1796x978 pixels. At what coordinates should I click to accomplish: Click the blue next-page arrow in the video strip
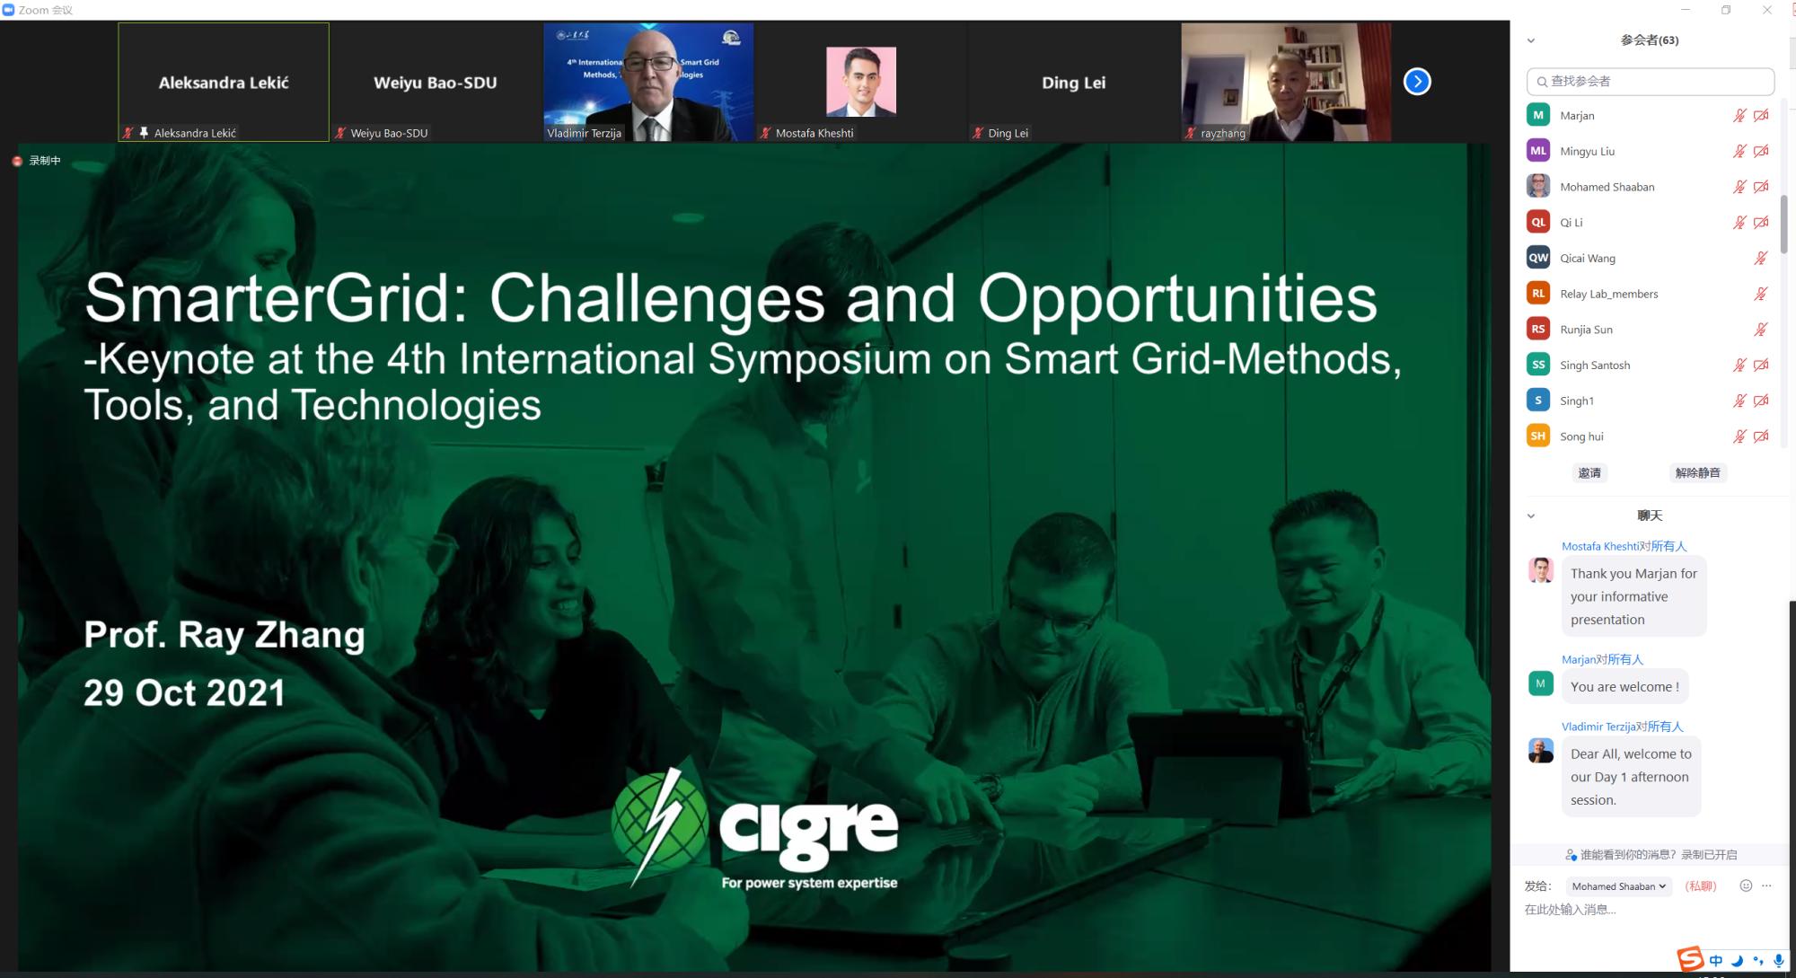[1417, 82]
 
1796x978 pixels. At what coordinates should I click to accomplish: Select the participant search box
[1651, 81]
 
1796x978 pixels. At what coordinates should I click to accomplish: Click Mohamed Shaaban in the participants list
[1607, 187]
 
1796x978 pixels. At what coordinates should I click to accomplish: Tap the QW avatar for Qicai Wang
[1538, 258]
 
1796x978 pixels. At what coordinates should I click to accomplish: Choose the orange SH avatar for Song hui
[1538, 436]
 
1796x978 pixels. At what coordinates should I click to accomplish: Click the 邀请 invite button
[1589, 473]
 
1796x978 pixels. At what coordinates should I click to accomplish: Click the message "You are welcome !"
[1624, 687]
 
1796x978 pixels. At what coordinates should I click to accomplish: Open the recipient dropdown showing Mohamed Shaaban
[1618, 886]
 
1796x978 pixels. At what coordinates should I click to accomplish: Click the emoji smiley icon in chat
[1746, 885]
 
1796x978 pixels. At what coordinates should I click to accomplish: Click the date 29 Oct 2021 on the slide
[185, 692]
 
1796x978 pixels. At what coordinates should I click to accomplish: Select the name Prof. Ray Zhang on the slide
[224, 635]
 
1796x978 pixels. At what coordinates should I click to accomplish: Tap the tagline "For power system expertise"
[809, 883]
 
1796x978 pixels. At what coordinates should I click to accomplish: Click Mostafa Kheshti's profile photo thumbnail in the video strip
[861, 82]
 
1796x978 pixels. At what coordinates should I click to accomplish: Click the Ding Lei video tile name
[1073, 83]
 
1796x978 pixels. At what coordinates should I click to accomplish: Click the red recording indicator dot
[17, 161]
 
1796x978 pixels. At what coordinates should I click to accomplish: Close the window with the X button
[1767, 10]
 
